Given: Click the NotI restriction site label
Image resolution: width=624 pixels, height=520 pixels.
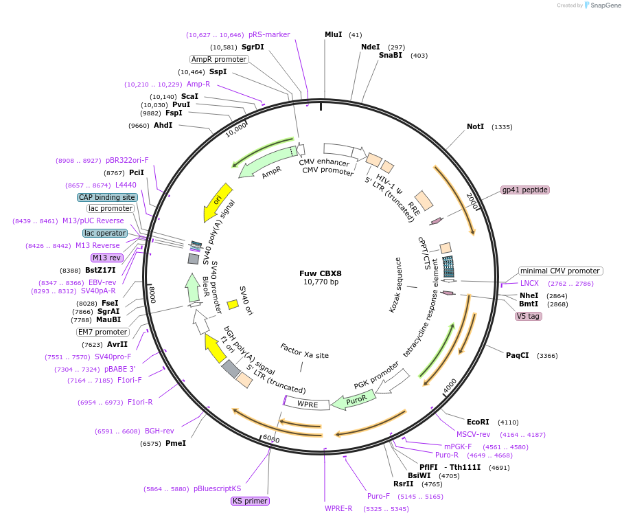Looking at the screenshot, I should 475,127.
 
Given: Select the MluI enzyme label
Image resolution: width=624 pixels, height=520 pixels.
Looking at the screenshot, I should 333,34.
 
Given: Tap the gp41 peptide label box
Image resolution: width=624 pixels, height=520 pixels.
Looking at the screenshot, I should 525,190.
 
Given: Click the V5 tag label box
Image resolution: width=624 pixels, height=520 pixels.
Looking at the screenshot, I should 528,316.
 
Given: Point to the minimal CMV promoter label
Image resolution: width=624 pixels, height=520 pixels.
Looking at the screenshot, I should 560,271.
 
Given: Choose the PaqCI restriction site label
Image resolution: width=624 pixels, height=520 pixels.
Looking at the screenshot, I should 517,355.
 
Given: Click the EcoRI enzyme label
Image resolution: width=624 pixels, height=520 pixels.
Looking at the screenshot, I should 478,422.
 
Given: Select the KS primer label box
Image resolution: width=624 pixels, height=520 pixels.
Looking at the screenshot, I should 250,501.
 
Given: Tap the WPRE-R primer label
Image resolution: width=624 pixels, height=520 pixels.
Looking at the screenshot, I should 338,508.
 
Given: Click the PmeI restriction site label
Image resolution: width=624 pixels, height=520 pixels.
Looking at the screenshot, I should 176,443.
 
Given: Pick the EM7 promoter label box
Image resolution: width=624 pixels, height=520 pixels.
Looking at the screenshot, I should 103,332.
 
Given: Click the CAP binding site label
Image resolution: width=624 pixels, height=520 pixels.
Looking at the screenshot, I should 107,197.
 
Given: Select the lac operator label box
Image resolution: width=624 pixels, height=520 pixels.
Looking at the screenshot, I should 105,233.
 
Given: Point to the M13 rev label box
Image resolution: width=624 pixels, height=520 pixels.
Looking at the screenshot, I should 106,258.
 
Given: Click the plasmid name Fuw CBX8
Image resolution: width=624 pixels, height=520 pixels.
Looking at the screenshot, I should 321,273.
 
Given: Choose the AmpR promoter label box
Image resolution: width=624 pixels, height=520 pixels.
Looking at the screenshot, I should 218,59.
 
